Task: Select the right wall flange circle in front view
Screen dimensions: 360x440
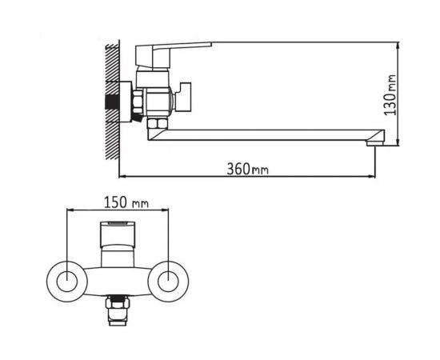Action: click(169, 281)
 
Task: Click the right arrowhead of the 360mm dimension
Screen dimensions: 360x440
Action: click(373, 176)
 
